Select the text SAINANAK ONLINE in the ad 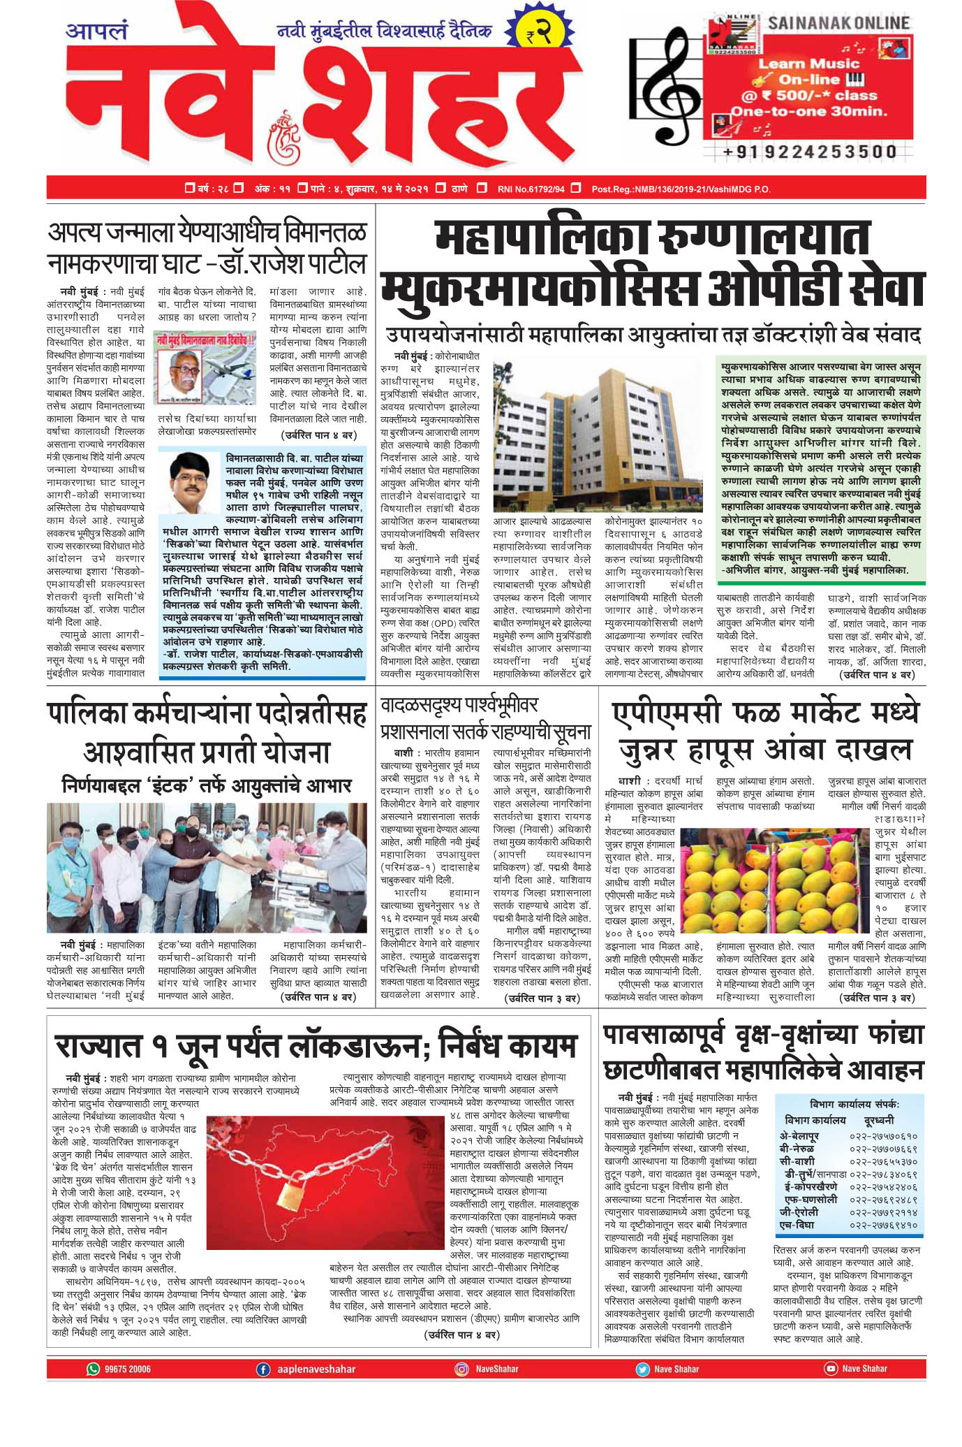838,23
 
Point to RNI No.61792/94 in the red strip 531,189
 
